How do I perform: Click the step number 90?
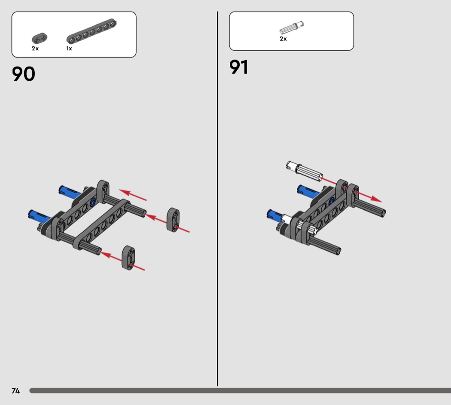click(24, 74)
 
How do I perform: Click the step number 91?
click(239, 67)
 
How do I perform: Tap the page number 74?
click(16, 391)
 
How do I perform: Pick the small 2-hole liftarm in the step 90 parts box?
click(40, 38)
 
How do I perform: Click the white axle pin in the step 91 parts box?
click(291, 28)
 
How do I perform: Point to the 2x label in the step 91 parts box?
click(283, 39)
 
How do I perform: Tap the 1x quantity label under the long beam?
click(69, 49)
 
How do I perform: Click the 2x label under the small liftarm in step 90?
click(35, 49)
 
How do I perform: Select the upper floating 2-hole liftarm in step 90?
click(173, 219)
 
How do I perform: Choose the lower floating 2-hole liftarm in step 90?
click(128, 258)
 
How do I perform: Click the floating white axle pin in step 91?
click(304, 171)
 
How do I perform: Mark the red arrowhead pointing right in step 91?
click(376, 199)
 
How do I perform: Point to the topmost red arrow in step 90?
click(133, 195)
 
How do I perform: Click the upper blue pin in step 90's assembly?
click(69, 192)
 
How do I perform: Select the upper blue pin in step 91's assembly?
click(308, 191)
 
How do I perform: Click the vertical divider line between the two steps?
click(217, 199)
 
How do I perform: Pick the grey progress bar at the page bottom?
click(240, 391)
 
